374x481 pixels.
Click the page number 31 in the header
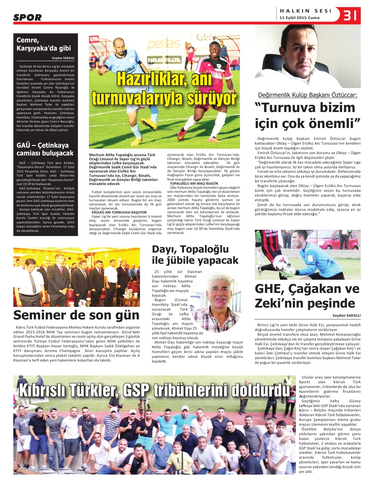coord(350,15)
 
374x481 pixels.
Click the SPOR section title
coord(27,18)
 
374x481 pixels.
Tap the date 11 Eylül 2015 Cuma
coord(299,18)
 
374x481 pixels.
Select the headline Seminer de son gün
coord(76,315)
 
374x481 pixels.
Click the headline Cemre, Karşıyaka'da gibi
coord(44,44)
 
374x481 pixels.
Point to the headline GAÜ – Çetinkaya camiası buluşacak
coord(45,149)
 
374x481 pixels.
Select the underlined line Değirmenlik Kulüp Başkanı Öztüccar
coord(307,95)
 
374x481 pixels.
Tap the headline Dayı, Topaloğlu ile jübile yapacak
coord(195,255)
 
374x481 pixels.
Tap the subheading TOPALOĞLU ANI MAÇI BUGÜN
coord(194,183)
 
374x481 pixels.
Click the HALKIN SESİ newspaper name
coord(305,11)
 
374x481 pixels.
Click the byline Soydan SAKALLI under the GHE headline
coord(346,315)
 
